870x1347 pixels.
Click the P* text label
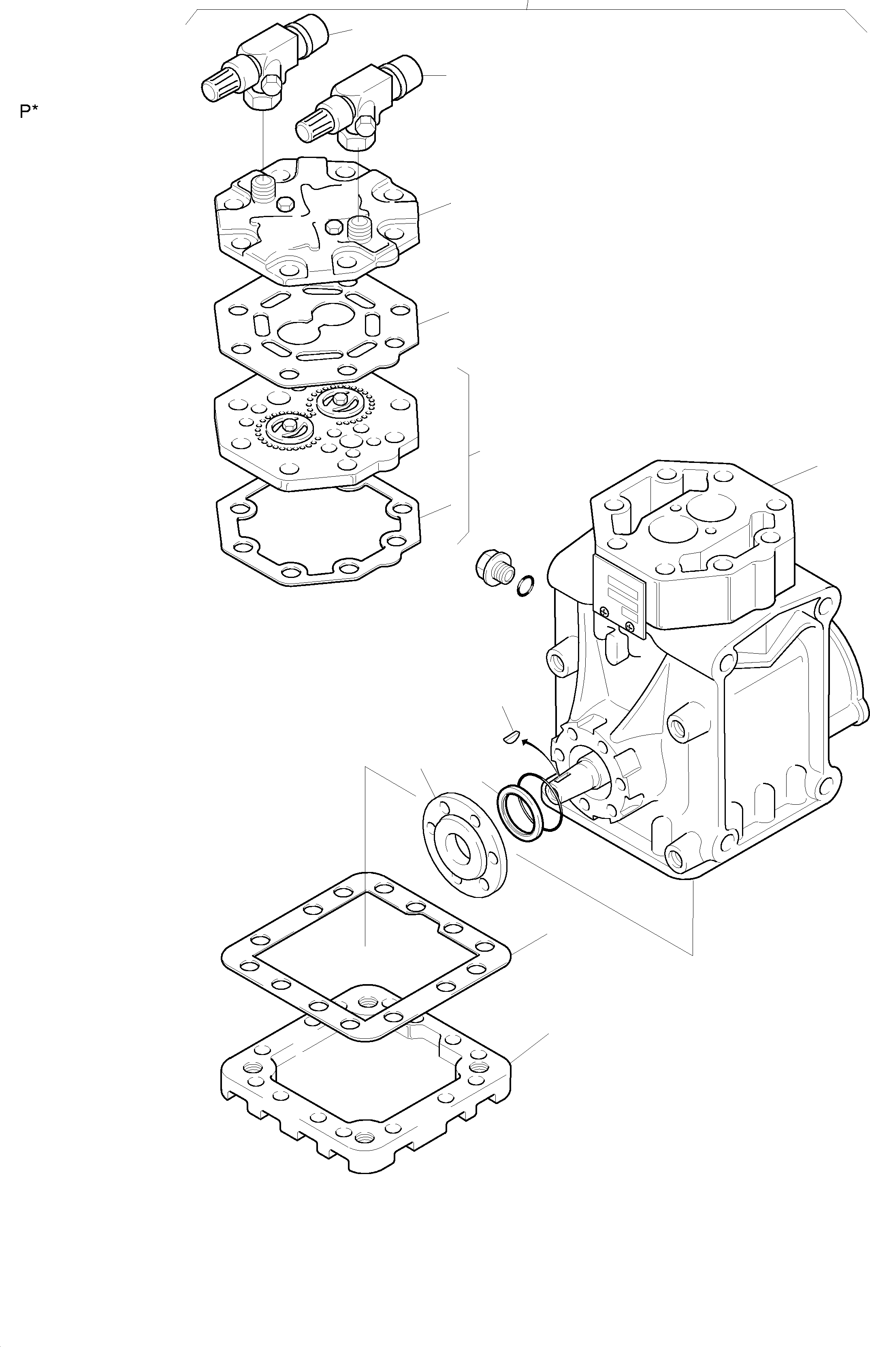[29, 112]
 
